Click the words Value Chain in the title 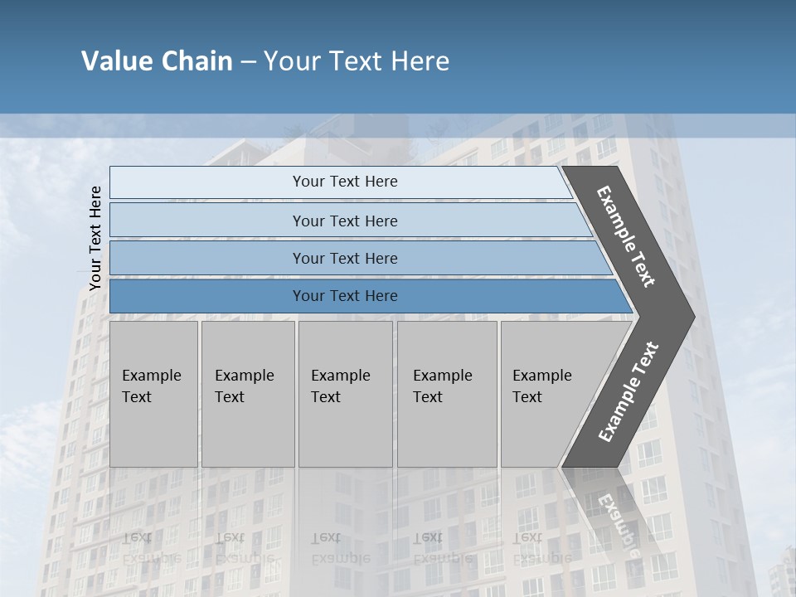pos(157,61)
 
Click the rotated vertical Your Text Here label pos(95,238)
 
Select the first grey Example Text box pos(153,394)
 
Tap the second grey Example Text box pos(247,394)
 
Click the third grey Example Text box pos(345,394)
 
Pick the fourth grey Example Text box pos(446,394)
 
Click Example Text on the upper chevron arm pos(627,236)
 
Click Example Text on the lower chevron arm pos(629,391)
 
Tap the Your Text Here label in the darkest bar pos(345,296)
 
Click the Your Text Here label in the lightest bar pos(345,182)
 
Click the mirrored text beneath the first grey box pos(150,548)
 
